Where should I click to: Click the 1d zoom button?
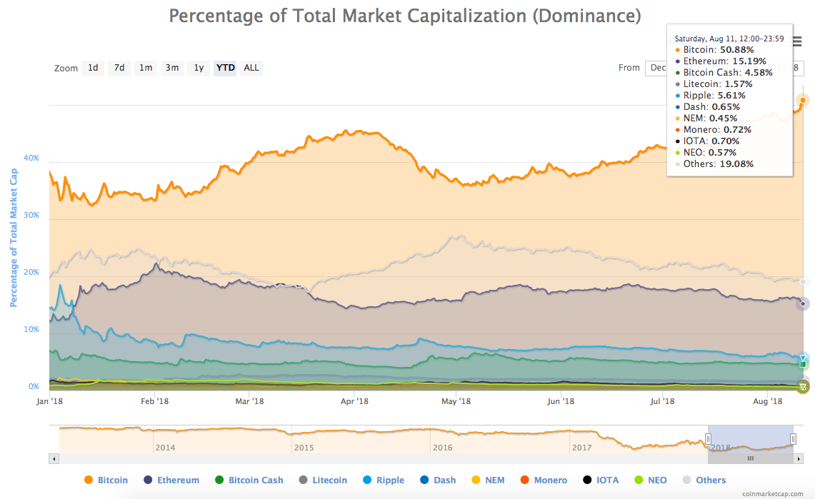93,68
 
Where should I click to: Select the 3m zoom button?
172,68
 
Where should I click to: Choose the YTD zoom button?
225,68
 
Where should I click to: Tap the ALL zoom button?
251,68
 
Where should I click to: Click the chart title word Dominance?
586,16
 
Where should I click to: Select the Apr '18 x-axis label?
354,401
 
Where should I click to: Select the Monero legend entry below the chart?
549,480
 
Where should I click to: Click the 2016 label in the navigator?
442,448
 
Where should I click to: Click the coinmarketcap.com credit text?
776,493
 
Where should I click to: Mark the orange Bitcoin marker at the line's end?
803,100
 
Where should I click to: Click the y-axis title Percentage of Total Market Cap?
13,238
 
